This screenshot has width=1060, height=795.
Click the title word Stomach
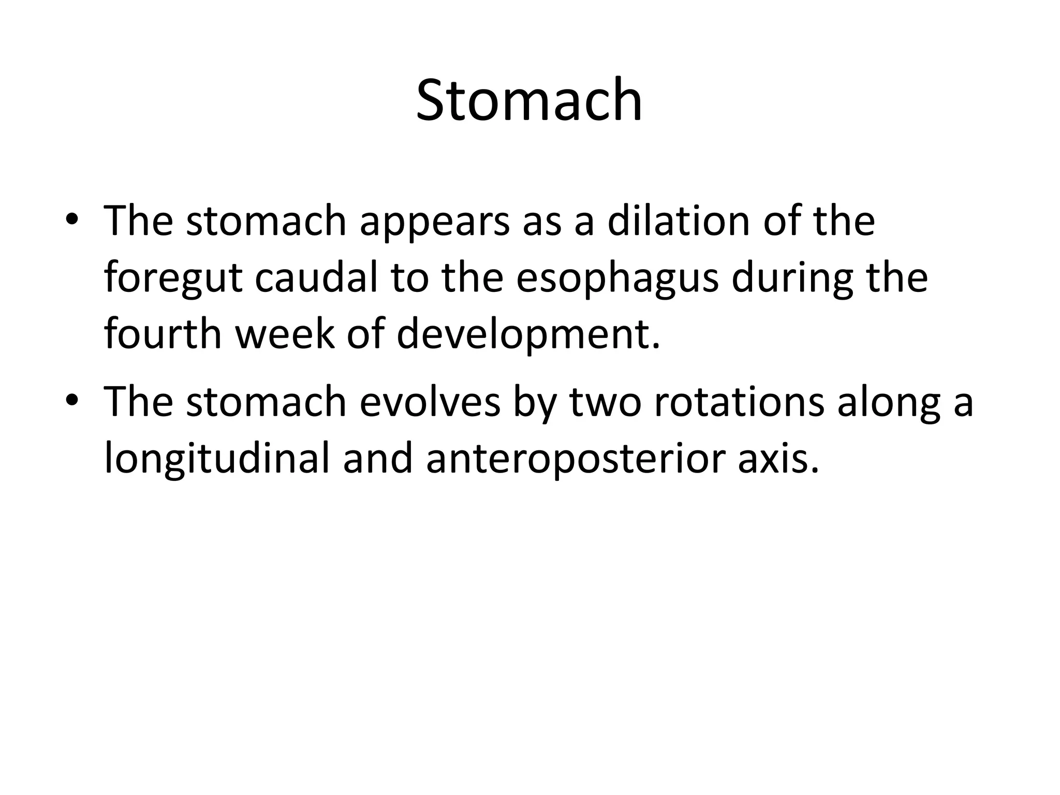529,99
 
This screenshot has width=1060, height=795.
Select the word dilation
679,221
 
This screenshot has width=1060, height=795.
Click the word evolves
430,402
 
